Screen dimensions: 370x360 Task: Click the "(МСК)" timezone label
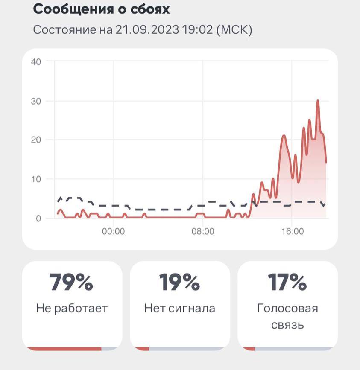(234, 31)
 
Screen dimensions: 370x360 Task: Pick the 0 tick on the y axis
(38, 218)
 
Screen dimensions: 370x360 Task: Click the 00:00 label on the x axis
(113, 232)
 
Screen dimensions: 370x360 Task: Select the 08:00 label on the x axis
(203, 232)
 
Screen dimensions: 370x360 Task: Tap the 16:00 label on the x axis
(292, 232)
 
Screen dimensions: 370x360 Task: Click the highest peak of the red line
(318, 101)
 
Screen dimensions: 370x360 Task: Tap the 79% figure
(72, 282)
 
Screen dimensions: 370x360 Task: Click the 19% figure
(179, 282)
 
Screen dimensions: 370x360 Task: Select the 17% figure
(287, 282)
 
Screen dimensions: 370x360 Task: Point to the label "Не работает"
(72, 308)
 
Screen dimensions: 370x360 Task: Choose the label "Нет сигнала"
(179, 308)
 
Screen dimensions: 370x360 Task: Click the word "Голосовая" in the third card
(287, 308)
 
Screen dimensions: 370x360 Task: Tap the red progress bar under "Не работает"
(64, 349)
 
